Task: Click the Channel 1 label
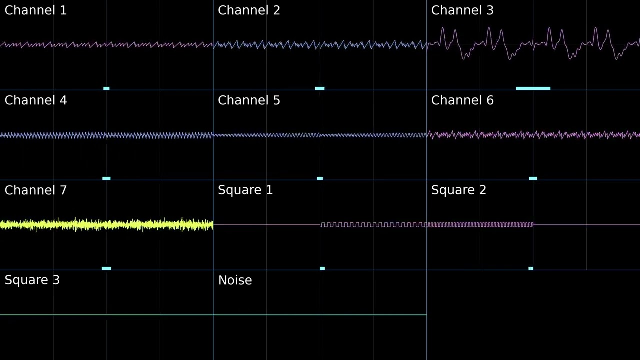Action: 36,10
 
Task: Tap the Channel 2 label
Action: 249,10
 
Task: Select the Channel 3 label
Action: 462,10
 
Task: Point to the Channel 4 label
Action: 36,100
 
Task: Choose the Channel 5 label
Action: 249,100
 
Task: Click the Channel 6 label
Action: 462,100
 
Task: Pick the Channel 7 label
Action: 36,190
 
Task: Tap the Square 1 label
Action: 245,190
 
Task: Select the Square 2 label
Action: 459,190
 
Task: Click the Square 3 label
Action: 32,280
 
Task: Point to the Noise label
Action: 235,280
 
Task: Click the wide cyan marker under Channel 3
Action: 533,88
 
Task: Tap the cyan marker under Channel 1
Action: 106,88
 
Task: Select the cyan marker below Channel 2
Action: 320,88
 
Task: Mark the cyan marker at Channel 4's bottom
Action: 106,178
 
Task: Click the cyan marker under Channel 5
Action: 320,178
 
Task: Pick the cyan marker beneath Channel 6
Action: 533,178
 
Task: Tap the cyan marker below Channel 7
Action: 106,268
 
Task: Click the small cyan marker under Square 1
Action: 322,268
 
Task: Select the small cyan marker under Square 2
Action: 531,268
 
